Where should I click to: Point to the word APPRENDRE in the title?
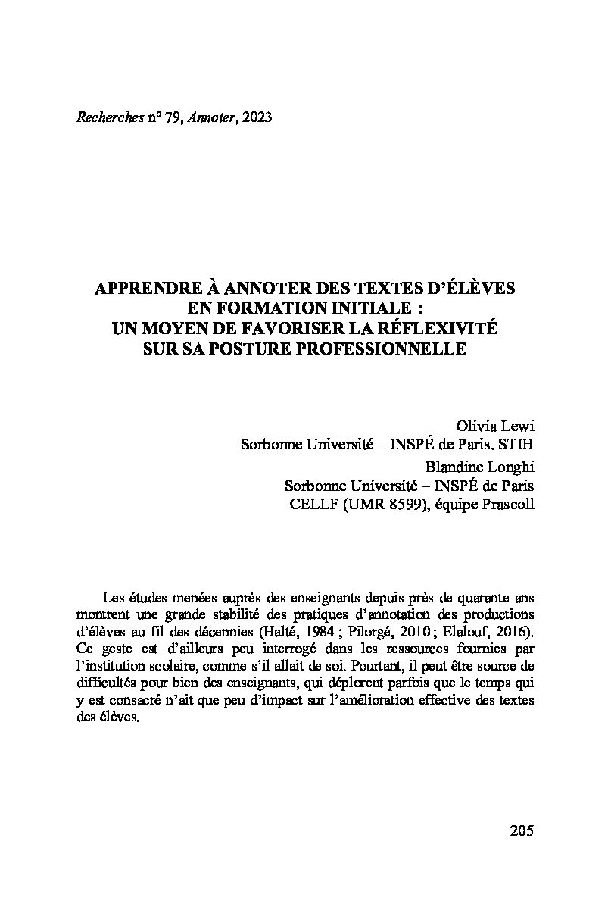pyautogui.click(x=145, y=289)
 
